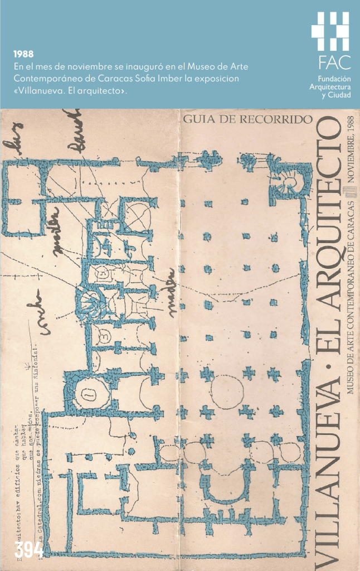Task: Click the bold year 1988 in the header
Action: pos(22,55)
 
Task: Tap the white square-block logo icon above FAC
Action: pos(330,31)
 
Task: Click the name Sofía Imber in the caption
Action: pos(159,79)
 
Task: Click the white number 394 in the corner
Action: pos(29,549)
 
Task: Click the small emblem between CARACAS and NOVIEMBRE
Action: pos(351,192)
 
